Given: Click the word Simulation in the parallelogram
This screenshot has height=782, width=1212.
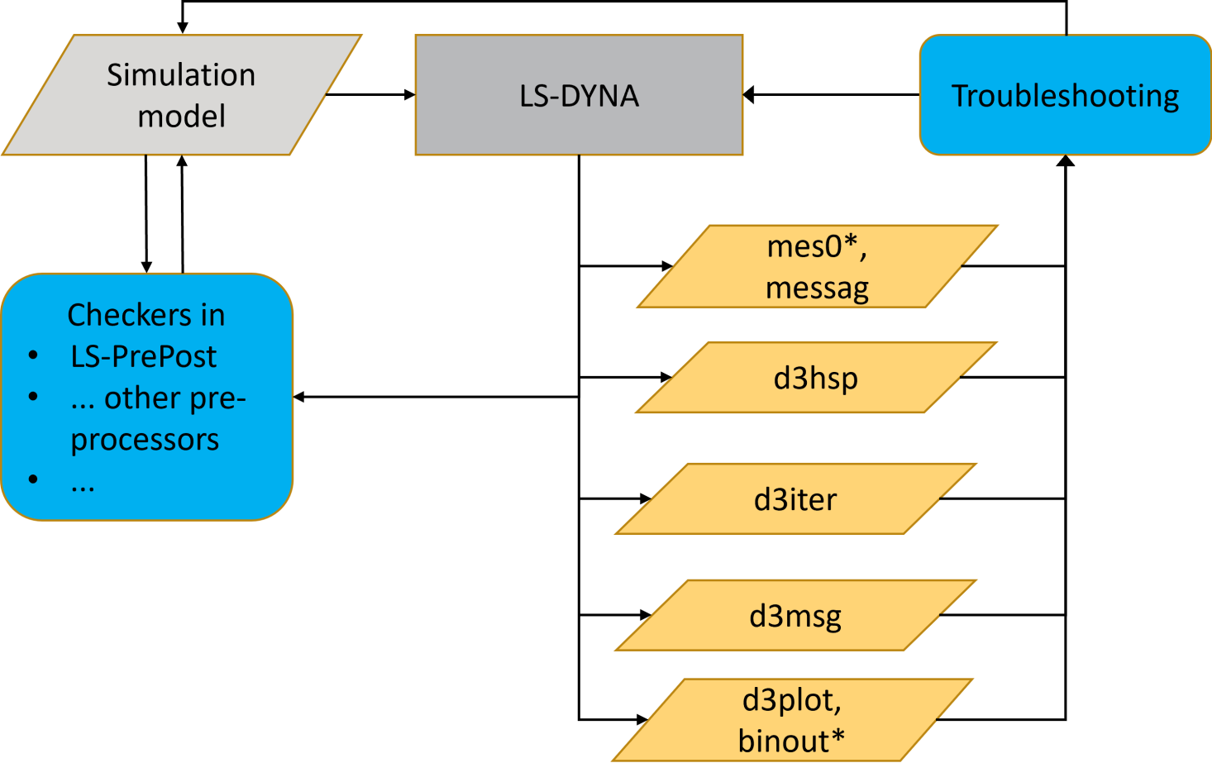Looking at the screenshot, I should pos(181,75).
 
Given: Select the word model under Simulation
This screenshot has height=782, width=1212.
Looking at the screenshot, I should pos(181,117).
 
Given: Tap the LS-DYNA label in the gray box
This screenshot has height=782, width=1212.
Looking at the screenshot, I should pos(579,96).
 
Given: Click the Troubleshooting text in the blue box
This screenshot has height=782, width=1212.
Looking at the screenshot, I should pos(1065,96).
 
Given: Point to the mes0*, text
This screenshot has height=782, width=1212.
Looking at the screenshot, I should pos(817,246).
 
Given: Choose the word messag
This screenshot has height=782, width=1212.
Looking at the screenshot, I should pos(817,288).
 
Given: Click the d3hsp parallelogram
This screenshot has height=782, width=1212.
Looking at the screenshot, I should pos(816,378).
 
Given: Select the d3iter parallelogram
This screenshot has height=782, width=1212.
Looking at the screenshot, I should pos(795,499).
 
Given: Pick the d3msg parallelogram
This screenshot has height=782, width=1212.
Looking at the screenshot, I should pos(795,616).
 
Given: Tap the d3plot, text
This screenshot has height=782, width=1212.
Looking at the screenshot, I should pos(791,700).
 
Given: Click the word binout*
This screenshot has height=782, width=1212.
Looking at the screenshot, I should pos(791,741).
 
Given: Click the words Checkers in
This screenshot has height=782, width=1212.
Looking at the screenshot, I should pos(146,315).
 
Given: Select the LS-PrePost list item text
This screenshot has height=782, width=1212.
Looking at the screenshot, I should pos(143,356).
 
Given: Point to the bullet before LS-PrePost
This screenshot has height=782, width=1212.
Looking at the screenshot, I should pos(33,355).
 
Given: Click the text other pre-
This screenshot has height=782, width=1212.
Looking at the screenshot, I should pos(174,398).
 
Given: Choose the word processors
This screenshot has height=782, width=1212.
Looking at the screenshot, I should pos(145,439).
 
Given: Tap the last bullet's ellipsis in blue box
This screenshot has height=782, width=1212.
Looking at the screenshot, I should pos(83,486).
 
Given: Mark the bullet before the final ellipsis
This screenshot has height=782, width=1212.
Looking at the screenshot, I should pos(33,479).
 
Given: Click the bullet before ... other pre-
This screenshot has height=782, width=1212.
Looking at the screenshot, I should pos(33,397).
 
